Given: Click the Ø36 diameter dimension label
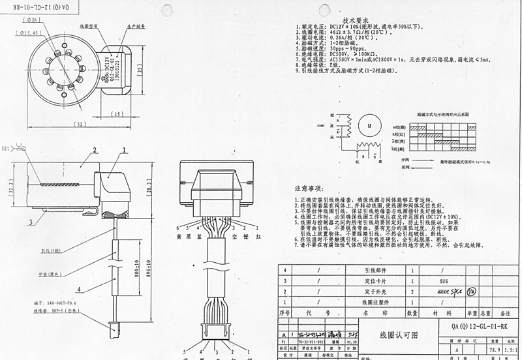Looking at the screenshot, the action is tap(35, 20).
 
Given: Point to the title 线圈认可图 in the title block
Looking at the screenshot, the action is tap(399, 335).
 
